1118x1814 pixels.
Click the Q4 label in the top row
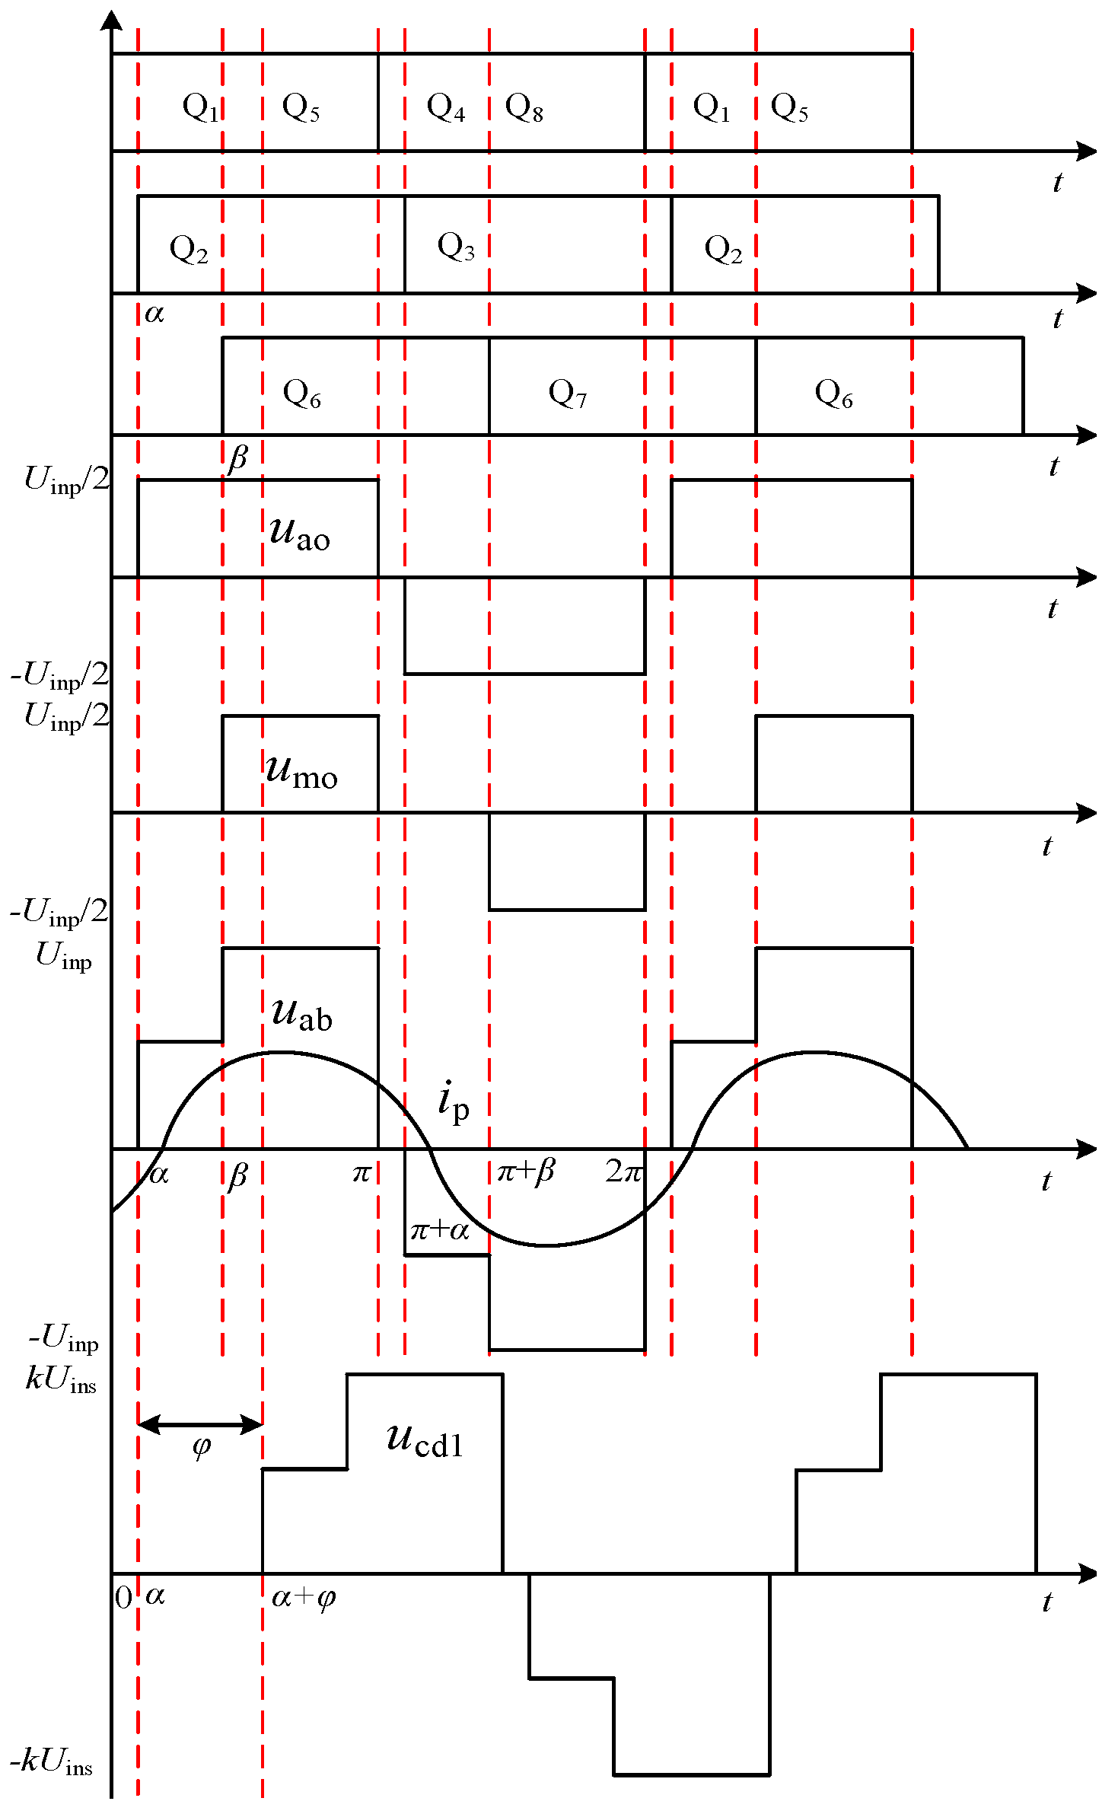click(446, 107)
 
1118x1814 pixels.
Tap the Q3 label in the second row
click(456, 247)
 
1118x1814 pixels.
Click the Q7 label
click(568, 394)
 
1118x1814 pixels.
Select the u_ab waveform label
click(301, 1014)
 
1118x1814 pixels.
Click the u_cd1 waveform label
click(425, 1439)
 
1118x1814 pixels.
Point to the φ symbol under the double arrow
click(201, 1446)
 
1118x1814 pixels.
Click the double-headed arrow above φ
click(200, 1423)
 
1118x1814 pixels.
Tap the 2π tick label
click(624, 1171)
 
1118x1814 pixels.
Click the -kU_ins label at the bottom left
click(52, 1761)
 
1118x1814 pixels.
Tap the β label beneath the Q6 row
click(238, 458)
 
